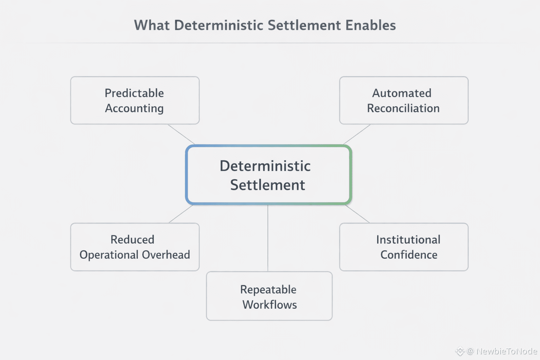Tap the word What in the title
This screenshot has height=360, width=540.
click(x=152, y=25)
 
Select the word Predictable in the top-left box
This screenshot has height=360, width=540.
click(x=134, y=93)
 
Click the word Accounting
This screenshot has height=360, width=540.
click(x=134, y=108)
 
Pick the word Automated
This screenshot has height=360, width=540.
click(x=401, y=93)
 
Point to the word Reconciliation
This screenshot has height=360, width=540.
click(x=403, y=108)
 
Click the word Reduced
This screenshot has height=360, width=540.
click(x=132, y=239)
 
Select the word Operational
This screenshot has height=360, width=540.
click(x=109, y=255)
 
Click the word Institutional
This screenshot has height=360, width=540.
click(x=408, y=239)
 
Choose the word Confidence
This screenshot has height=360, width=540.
click(x=409, y=255)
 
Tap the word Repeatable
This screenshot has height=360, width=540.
click(x=268, y=289)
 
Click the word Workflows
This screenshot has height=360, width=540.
click(x=270, y=304)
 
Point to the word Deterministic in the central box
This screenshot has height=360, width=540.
click(x=265, y=166)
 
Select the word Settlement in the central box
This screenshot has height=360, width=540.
click(x=268, y=185)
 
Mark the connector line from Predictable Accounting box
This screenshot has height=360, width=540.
click(x=181, y=134)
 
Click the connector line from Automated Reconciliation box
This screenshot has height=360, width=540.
click(x=357, y=134)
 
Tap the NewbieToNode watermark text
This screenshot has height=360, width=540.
click(x=506, y=351)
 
